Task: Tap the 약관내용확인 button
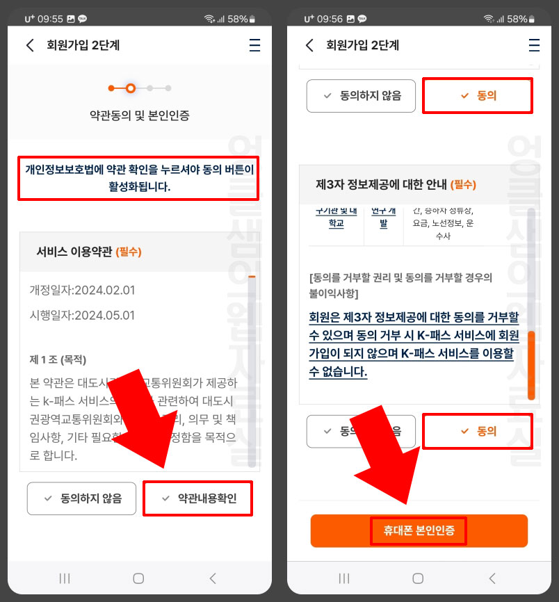pyautogui.click(x=197, y=498)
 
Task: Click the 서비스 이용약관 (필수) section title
pyautogui.click(x=89, y=252)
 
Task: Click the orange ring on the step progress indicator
pyautogui.click(x=131, y=88)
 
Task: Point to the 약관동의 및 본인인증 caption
pyautogui.click(x=139, y=115)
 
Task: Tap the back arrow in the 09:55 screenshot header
pyautogui.click(x=30, y=46)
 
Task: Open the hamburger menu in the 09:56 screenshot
pyautogui.click(x=534, y=46)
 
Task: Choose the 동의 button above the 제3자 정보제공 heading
pyautogui.click(x=478, y=96)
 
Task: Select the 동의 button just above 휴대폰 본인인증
pyautogui.click(x=478, y=431)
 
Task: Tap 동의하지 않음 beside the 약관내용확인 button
pyautogui.click(x=82, y=498)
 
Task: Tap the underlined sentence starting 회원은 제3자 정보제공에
pyautogui.click(x=414, y=344)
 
